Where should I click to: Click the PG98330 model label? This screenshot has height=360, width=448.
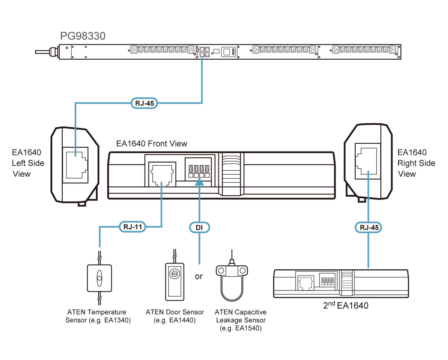coord(83,36)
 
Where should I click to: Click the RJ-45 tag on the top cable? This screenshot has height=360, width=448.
coord(144,104)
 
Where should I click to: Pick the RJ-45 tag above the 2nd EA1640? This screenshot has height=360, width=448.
coord(368,227)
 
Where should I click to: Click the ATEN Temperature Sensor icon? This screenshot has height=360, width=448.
coord(99,278)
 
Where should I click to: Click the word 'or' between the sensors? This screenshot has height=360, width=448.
coord(199,276)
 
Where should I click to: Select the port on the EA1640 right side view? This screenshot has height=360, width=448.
coord(367,161)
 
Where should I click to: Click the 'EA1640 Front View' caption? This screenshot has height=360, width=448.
coord(152,144)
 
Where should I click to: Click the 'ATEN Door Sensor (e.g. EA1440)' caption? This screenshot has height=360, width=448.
coord(174,316)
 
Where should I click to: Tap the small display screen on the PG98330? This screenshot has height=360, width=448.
coord(227,52)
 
